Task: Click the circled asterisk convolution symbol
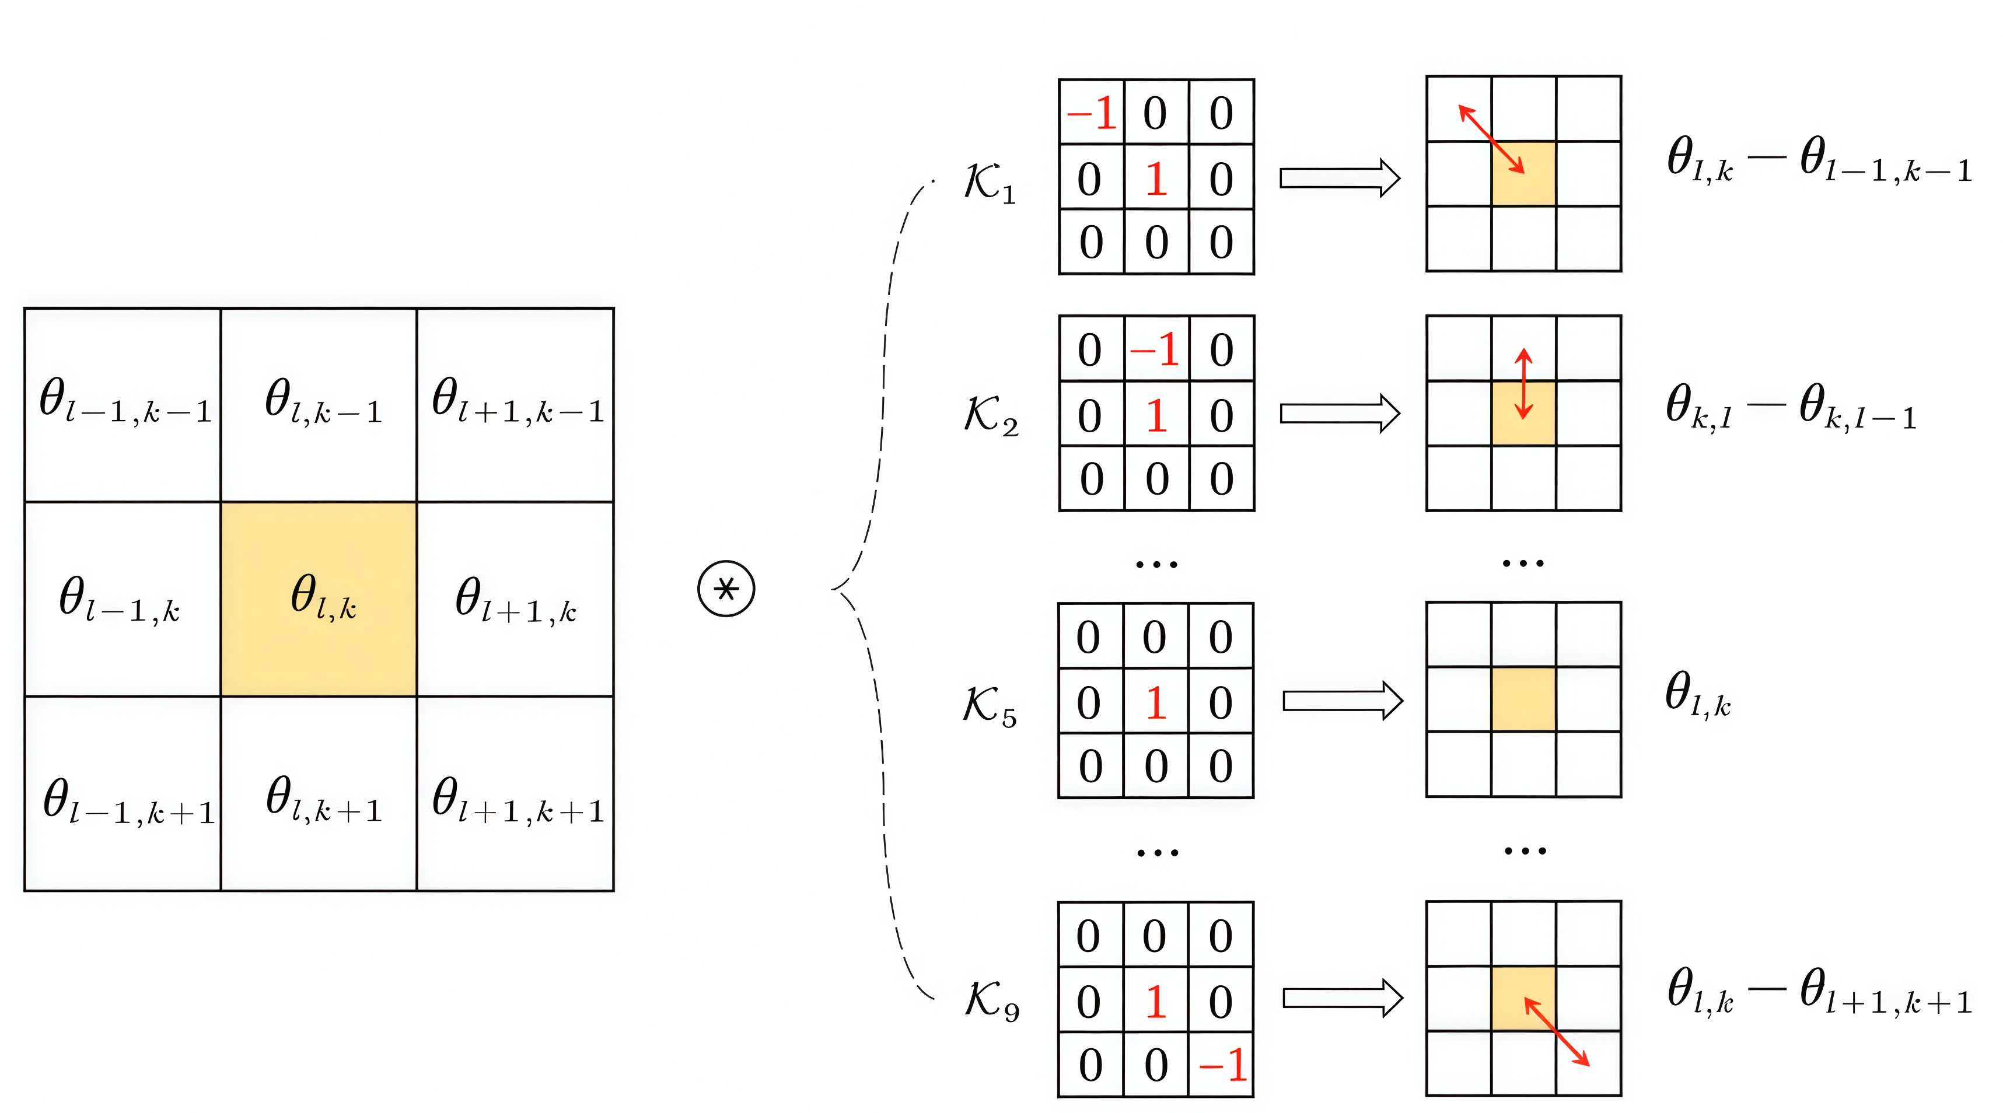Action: (725, 589)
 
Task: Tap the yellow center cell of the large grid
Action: (319, 598)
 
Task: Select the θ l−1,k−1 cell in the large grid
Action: (123, 405)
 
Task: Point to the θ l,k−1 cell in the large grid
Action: (319, 405)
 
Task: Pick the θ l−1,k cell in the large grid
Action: (123, 598)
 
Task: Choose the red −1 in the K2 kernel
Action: (1155, 350)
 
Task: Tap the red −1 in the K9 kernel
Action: (1222, 1065)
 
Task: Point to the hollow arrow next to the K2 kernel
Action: (1340, 414)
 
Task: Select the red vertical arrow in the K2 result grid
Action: (1523, 384)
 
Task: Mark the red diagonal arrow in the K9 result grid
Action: (1557, 1031)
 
